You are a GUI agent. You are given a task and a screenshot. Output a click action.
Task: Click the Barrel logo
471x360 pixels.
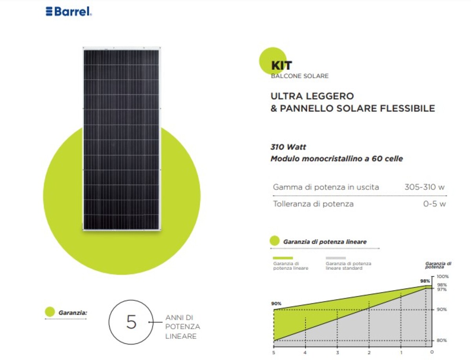(x=69, y=11)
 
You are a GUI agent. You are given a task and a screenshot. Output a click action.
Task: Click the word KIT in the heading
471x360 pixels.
(x=281, y=66)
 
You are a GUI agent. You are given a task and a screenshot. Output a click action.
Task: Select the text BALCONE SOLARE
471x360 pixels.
(x=300, y=76)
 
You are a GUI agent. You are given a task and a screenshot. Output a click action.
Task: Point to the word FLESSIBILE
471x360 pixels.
(x=407, y=108)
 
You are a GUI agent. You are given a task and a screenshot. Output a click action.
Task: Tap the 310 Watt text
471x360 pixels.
(x=288, y=147)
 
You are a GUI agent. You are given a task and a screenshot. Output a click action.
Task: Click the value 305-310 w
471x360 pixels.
(x=424, y=187)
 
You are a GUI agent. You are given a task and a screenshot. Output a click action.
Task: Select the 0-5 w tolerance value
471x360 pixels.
(x=434, y=204)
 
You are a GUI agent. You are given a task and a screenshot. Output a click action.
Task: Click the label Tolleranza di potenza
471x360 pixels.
(x=313, y=204)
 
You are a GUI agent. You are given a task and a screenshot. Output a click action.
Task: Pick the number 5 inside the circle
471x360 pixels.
(x=131, y=322)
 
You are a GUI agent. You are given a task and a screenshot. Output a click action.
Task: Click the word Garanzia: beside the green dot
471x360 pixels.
(x=73, y=312)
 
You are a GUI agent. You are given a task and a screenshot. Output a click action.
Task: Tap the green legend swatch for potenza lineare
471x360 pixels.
(x=283, y=258)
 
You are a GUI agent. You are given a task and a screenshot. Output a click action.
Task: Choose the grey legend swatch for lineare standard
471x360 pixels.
(x=336, y=258)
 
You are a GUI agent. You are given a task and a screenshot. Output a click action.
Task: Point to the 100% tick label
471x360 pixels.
(x=442, y=276)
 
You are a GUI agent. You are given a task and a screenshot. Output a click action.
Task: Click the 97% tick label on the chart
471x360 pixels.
(x=442, y=289)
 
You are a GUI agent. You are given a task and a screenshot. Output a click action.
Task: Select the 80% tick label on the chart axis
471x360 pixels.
(x=442, y=340)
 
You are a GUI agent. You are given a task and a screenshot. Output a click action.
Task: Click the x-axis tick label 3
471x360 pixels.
(x=337, y=353)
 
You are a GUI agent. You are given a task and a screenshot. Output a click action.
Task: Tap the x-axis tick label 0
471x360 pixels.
(x=432, y=352)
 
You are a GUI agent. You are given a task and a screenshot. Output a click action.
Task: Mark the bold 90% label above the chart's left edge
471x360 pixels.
(x=276, y=303)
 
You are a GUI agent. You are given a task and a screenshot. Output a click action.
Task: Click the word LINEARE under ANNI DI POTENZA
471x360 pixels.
(x=181, y=336)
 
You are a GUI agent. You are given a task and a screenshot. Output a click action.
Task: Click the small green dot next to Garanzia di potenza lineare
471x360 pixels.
(x=275, y=241)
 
